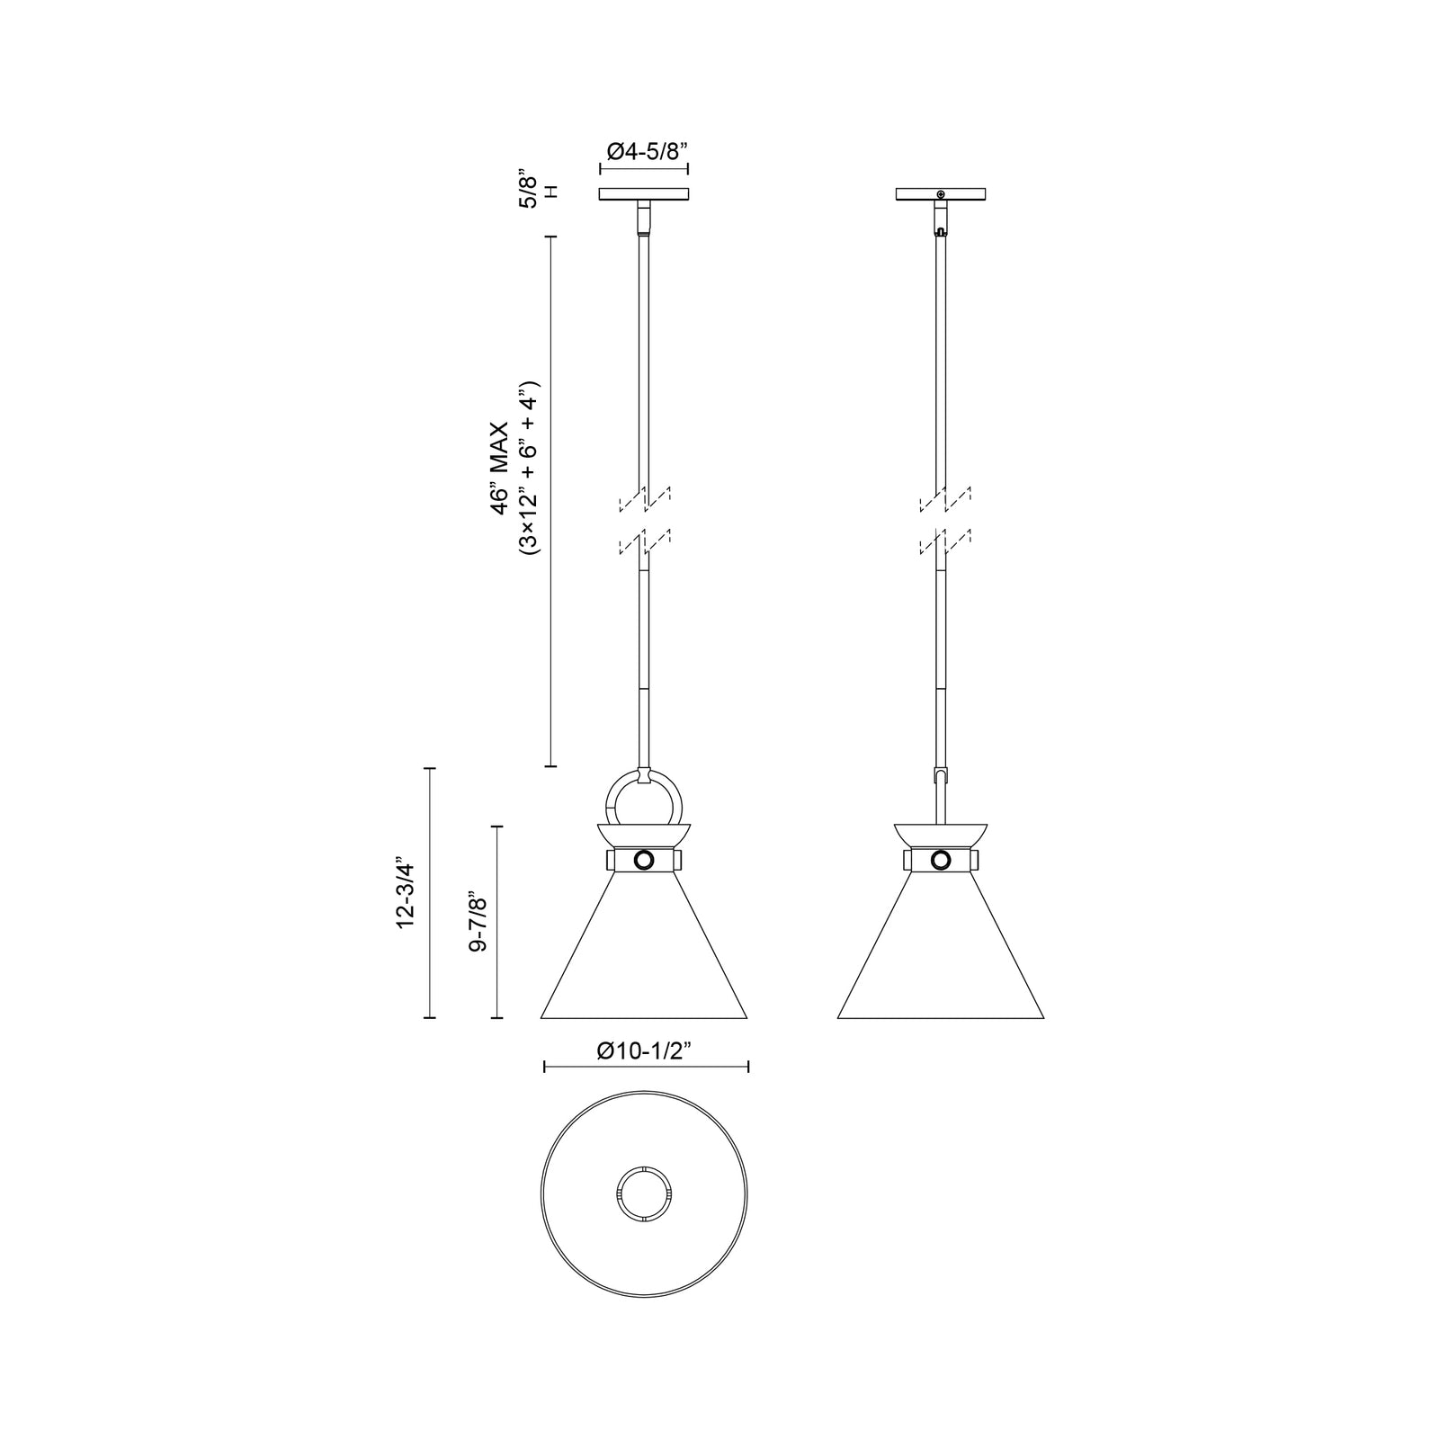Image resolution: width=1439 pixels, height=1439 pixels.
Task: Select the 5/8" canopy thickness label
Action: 530,191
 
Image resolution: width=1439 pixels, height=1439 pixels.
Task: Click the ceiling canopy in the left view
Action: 644,193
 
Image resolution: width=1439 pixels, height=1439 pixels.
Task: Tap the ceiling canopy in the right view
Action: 941,193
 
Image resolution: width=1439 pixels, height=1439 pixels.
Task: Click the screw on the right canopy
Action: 941,194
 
